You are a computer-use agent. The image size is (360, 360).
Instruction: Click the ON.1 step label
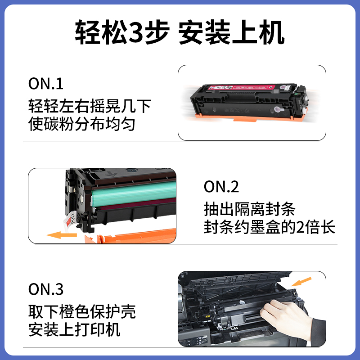(46, 83)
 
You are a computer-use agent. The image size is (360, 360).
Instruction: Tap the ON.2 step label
(221, 186)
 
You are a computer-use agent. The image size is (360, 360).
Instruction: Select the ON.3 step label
(46, 289)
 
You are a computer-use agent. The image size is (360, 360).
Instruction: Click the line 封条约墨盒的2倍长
(270, 227)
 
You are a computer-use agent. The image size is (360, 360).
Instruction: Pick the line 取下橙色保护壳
(81, 312)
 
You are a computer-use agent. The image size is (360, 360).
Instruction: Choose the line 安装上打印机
(74, 329)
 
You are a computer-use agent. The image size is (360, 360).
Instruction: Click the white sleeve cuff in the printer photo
(318, 331)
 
